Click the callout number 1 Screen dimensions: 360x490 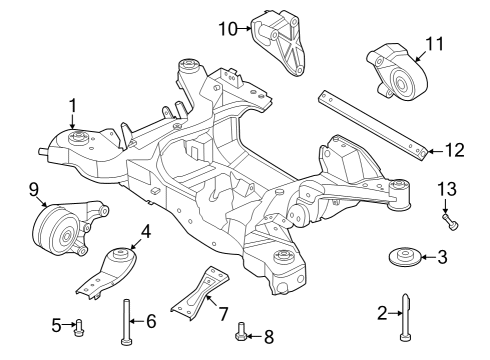point(72,104)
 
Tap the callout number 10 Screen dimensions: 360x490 point(228,29)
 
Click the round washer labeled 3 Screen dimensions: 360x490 point(404,259)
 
